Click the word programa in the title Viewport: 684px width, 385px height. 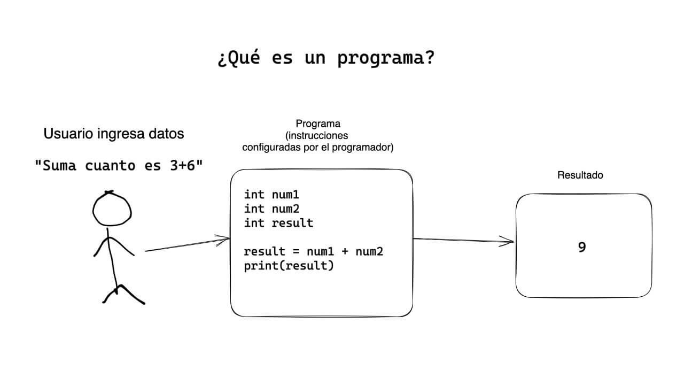pos(385,59)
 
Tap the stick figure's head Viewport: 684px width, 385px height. pos(112,209)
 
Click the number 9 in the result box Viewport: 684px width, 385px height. pos(582,247)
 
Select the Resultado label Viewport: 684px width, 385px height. pos(580,175)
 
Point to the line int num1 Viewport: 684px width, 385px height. pos(271,195)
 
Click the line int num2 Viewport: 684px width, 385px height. pos(271,209)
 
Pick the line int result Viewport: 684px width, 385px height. pos(278,223)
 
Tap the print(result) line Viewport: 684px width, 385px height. pos(289,265)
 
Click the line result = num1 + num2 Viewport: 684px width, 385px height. pos(314,251)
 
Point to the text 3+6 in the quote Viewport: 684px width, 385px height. pos(181,166)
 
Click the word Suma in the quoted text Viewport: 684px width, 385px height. pos(59,166)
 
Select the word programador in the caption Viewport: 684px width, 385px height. pos(365,147)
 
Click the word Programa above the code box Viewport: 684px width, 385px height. pos(318,124)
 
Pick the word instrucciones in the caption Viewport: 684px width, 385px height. pos(318,135)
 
